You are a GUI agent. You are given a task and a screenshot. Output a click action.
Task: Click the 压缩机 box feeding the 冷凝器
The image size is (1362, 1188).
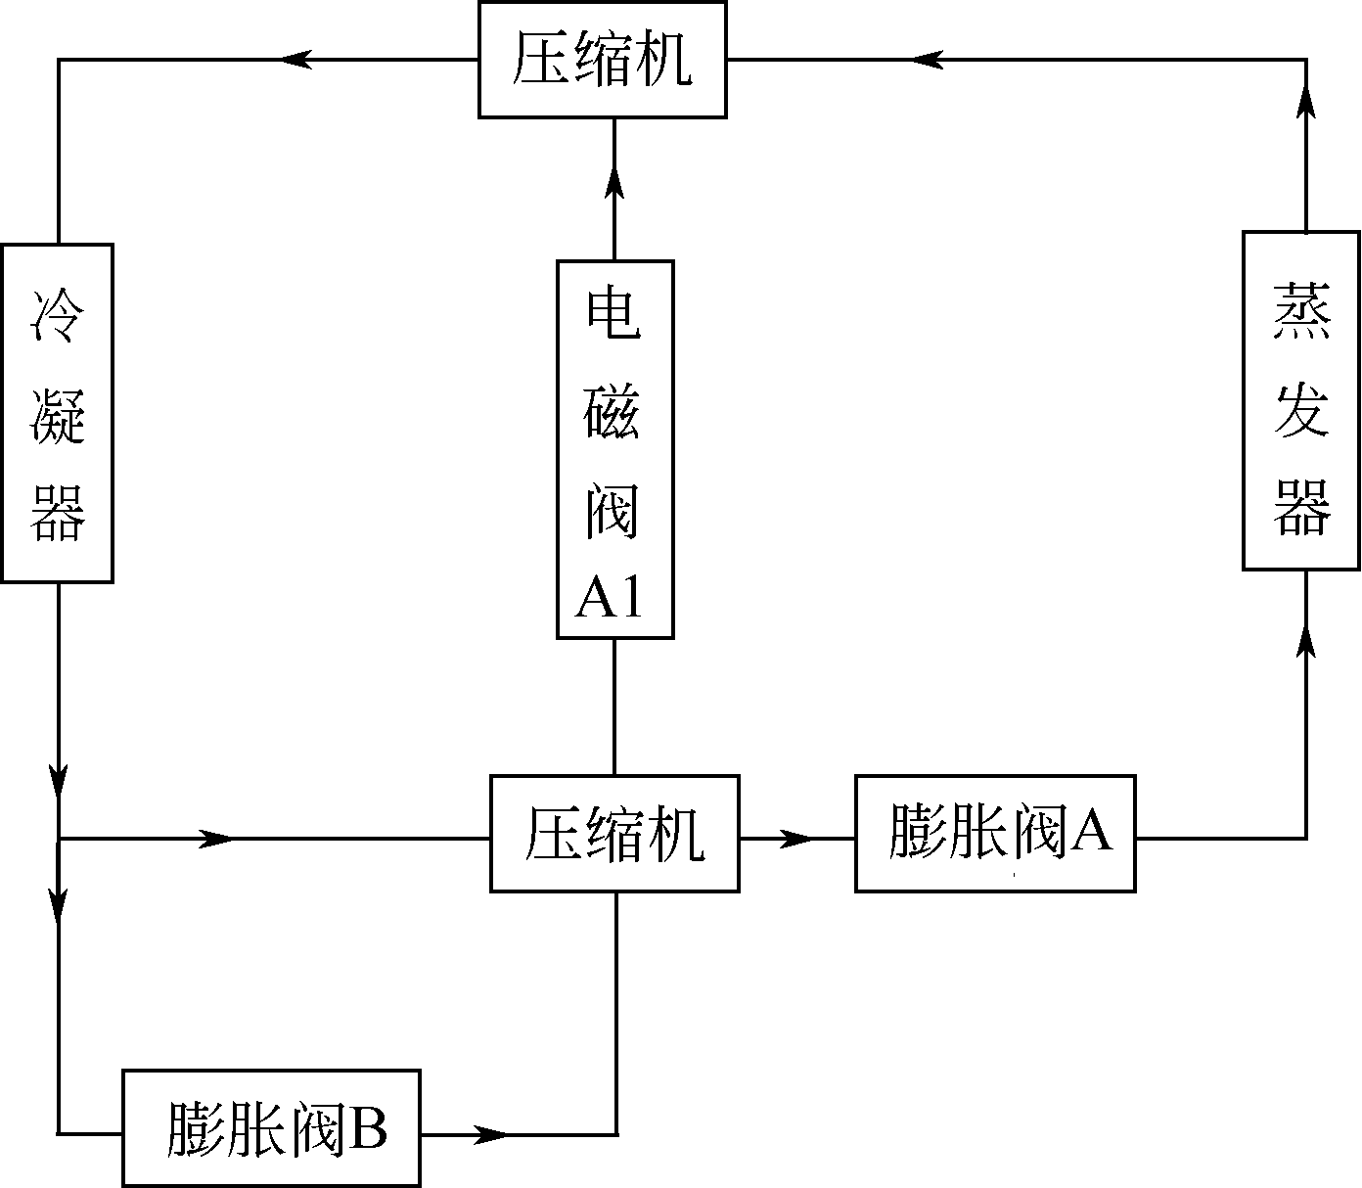click(x=602, y=60)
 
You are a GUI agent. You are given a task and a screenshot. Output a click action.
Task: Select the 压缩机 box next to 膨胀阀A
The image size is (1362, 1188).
click(x=613, y=834)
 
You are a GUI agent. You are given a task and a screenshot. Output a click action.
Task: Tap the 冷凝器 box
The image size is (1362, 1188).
click(x=57, y=413)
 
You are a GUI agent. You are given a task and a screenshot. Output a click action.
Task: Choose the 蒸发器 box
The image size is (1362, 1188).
click(x=1301, y=400)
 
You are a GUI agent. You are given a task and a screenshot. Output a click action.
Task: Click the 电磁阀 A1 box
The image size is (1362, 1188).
click(x=614, y=449)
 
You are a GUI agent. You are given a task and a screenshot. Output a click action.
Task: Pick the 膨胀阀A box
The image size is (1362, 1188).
click(x=995, y=834)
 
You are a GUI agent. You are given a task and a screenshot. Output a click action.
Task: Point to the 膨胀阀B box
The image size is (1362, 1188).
click(x=271, y=1128)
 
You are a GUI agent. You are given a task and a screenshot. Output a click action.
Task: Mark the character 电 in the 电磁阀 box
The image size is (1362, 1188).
click(x=613, y=313)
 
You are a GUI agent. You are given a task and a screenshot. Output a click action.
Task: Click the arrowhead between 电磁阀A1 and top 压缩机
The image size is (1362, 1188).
click(x=614, y=182)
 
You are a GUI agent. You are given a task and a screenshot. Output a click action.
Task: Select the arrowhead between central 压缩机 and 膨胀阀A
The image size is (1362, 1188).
click(x=797, y=839)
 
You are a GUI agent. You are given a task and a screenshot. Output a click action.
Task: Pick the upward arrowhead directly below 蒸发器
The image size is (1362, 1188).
click(x=1306, y=641)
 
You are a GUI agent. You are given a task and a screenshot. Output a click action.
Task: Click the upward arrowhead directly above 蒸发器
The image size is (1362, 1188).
click(x=1306, y=101)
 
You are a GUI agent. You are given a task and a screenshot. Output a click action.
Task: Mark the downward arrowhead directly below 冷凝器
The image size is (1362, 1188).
click(x=60, y=781)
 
